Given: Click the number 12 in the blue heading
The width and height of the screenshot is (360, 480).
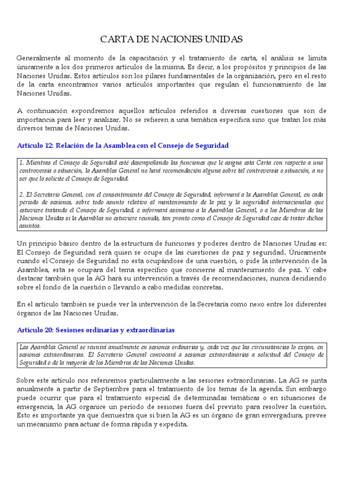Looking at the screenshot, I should click(x=45, y=146).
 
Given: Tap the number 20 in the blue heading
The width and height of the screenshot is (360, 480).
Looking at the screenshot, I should click(x=45, y=330).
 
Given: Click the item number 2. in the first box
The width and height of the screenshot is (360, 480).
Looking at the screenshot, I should click(x=22, y=195).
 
